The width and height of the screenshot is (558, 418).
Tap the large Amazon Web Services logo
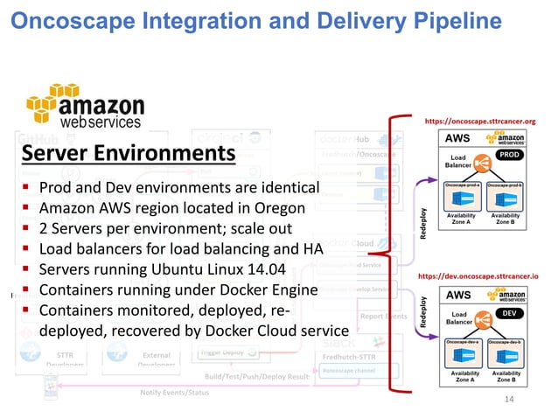[85, 106]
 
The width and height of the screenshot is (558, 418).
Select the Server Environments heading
[128, 155]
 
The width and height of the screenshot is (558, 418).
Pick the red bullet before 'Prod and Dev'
[28, 189]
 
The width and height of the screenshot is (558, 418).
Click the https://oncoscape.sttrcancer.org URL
[491, 122]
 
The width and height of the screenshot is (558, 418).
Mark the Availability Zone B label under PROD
[506, 221]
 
